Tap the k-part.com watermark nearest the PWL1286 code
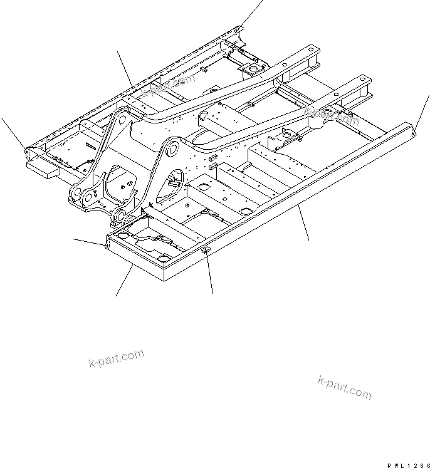click(x=345, y=387)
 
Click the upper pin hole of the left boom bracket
click(x=120, y=117)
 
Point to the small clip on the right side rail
click(x=205, y=250)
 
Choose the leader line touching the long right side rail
click(x=304, y=225)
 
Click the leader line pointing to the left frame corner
click(x=13, y=131)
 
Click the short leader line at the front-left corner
click(x=89, y=241)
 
